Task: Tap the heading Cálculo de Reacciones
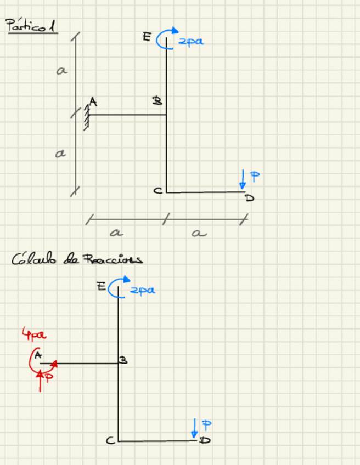click(77, 259)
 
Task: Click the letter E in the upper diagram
click(147, 37)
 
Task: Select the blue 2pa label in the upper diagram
click(190, 41)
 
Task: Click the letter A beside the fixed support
click(93, 102)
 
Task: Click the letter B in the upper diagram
click(157, 101)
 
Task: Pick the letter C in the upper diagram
click(157, 191)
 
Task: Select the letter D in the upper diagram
click(250, 198)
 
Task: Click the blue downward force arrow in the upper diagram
click(243, 180)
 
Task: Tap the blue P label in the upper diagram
click(255, 176)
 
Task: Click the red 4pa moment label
click(33, 334)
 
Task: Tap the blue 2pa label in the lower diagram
click(142, 291)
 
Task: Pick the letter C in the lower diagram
click(110, 440)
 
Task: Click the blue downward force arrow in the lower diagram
click(194, 428)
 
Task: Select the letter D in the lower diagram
click(205, 440)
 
